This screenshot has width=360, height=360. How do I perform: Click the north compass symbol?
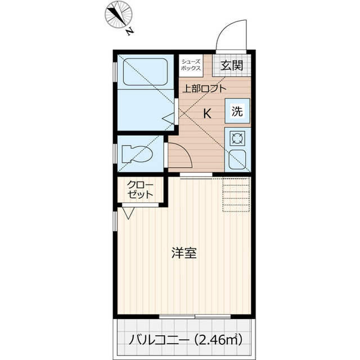tap(119, 15)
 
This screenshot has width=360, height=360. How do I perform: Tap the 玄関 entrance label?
tap(231, 65)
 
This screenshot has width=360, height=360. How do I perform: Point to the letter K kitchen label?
tap(207, 112)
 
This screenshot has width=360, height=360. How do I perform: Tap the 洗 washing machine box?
tap(237, 111)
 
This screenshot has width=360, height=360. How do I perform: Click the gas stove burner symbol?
tap(236, 138)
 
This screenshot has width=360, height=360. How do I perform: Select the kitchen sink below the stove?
tap(236, 159)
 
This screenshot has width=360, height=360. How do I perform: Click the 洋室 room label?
tap(183, 253)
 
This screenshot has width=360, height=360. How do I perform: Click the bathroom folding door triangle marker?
tap(168, 119)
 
